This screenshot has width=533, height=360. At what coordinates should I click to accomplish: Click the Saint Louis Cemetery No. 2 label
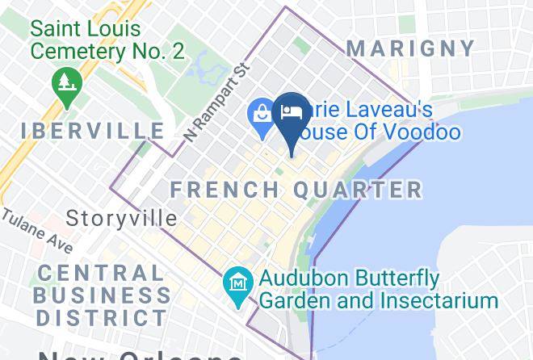pos(107,40)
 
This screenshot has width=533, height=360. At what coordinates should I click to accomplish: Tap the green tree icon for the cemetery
pos(62,82)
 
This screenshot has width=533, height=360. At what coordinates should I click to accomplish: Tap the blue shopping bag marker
pos(262,113)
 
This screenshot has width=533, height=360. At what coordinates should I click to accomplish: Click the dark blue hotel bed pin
pos(289,113)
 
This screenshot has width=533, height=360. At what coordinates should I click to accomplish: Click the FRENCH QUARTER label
pos(296,190)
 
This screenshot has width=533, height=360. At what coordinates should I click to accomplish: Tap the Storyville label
pos(122,218)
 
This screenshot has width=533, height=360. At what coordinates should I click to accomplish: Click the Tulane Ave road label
pos(36,232)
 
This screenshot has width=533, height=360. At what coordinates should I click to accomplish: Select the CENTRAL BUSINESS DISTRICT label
pos(102,295)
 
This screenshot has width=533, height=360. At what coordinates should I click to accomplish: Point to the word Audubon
pos(310,279)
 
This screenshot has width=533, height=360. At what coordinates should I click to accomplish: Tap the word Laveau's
pos(388,109)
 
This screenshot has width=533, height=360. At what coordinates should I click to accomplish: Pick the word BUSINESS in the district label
pos(102,295)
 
